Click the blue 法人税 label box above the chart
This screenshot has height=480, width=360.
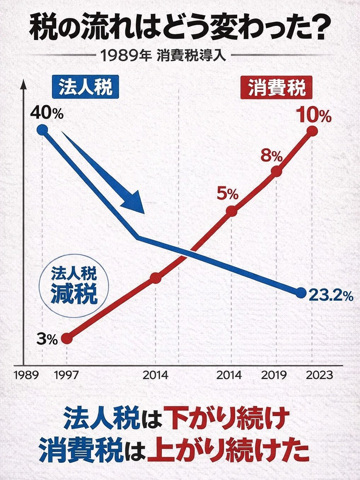[x=85, y=87]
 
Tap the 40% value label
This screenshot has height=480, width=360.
[x=47, y=113]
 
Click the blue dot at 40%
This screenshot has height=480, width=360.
[x=42, y=130]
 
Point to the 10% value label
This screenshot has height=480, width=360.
[x=314, y=115]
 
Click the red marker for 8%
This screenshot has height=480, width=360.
[x=277, y=171]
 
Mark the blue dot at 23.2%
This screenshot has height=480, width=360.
[x=300, y=293]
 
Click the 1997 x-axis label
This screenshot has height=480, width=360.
[x=67, y=375]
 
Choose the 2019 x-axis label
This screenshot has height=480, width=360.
[x=274, y=375]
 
